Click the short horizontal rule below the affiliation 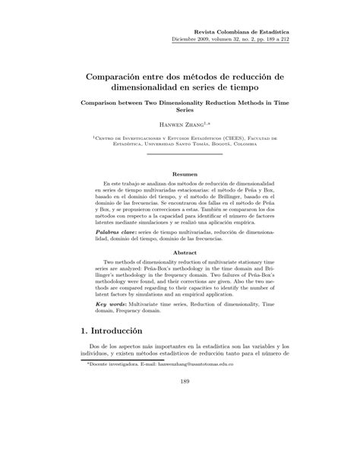point(180,154)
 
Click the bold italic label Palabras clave point(116,230)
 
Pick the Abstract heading point(180,252)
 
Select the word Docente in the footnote point(98,385)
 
